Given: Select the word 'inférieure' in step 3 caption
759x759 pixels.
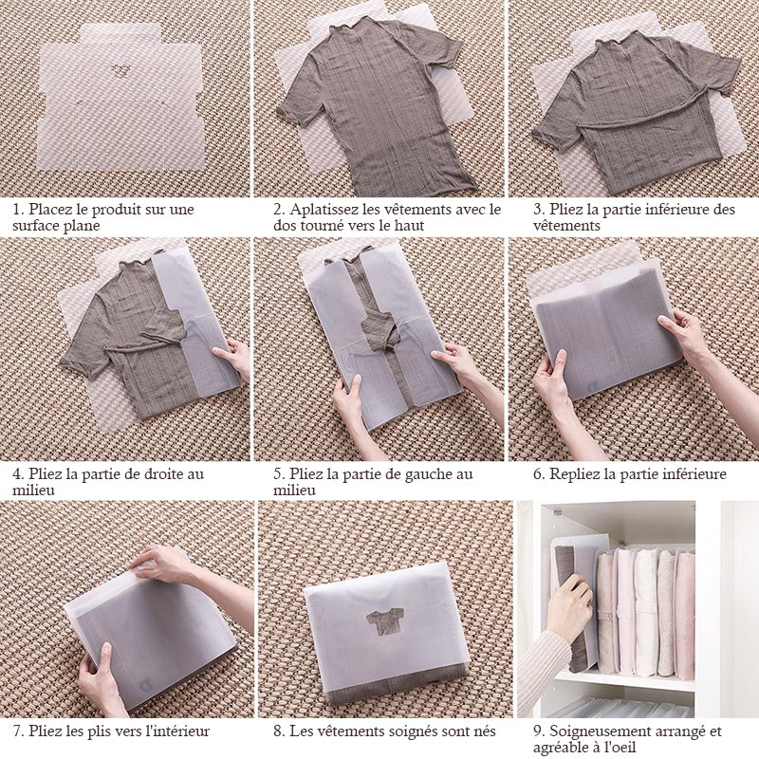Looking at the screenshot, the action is point(672,210).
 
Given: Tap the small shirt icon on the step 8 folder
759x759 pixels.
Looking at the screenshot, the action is point(385,622).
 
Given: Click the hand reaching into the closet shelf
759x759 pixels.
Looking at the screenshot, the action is point(570,603).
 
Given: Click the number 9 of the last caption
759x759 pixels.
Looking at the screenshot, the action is point(538,731).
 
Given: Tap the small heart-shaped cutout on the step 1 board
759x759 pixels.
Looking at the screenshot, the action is point(119,72).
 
